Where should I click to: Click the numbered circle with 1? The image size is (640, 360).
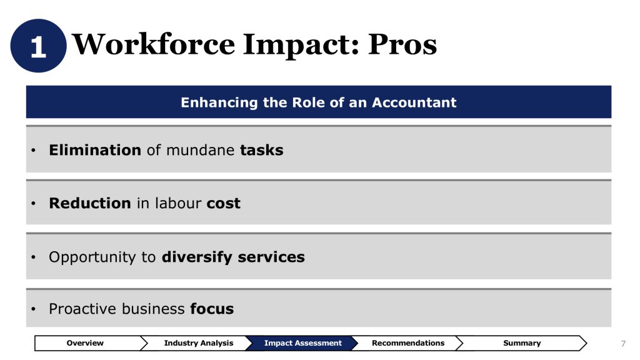(x=38, y=46)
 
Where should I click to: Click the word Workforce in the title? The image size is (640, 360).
(x=154, y=44)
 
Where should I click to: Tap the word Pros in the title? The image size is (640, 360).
(x=402, y=44)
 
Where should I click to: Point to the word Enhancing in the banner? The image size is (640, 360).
(x=219, y=103)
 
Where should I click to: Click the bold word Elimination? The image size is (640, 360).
(x=95, y=150)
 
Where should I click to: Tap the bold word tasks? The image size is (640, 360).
(x=262, y=150)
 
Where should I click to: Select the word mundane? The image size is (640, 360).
(x=201, y=150)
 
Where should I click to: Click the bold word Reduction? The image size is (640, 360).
(x=90, y=203)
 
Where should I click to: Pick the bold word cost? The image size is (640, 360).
(x=224, y=204)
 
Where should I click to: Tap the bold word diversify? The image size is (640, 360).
(x=197, y=257)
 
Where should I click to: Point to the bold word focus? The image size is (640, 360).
(x=212, y=309)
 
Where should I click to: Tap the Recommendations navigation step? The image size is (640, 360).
(x=407, y=343)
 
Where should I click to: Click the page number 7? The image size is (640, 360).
(x=623, y=344)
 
